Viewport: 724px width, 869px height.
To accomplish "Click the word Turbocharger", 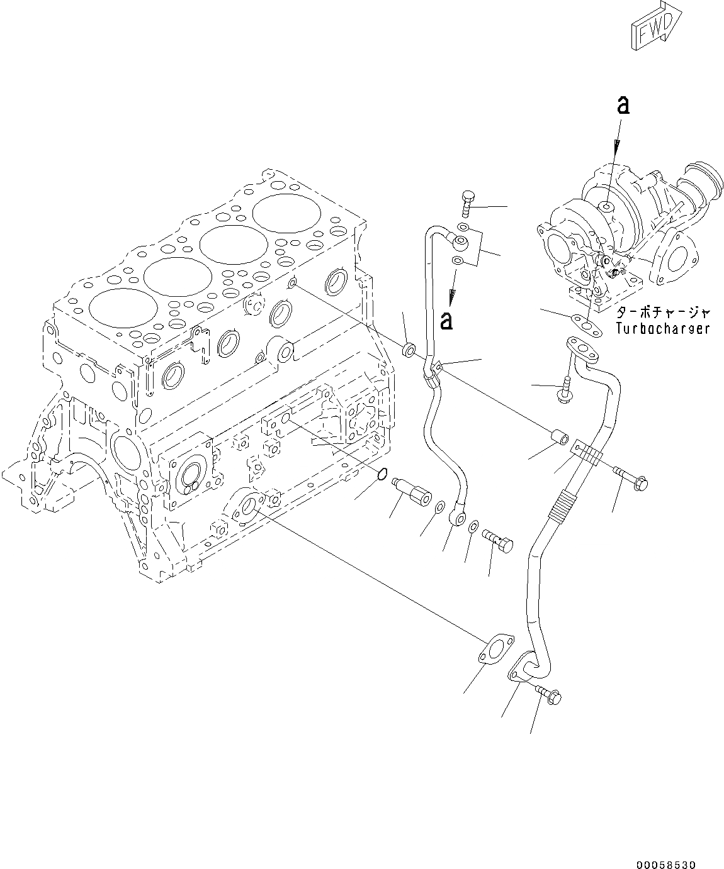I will point(662,328).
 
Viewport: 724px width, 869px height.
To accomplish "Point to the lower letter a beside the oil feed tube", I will point(446,321).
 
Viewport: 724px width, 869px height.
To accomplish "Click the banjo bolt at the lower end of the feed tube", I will point(497,539).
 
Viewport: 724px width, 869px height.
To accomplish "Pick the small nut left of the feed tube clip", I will point(409,347).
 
